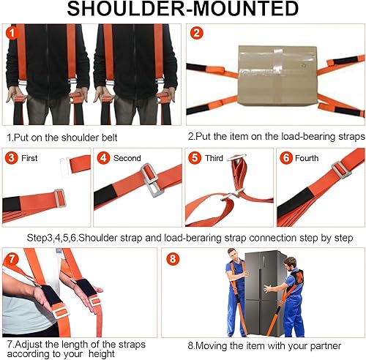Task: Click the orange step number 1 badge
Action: point(12,34)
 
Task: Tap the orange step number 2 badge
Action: point(196,34)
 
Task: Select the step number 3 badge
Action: point(12,158)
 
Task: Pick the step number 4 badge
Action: point(104,158)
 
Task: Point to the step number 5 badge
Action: point(195,158)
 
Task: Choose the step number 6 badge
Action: point(286,158)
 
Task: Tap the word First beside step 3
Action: point(29,159)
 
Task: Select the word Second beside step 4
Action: point(127,159)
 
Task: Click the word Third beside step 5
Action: point(214,159)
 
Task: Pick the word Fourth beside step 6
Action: point(307,159)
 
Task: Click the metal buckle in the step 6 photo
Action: point(339,170)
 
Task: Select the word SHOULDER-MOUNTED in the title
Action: point(183,10)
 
